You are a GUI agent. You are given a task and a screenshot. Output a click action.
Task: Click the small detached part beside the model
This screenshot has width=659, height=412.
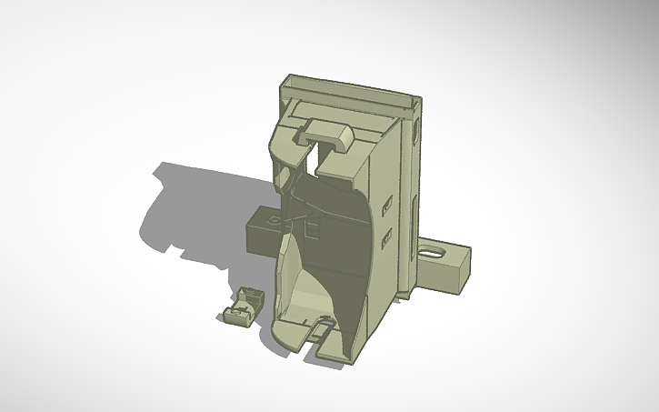click(241, 305)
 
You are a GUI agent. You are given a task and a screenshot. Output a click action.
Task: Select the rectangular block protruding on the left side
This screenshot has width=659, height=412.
click(262, 231)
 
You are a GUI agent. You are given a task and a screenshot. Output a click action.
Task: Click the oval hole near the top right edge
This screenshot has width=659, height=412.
click(417, 130)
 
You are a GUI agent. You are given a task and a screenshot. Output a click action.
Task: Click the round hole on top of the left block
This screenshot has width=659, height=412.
click(272, 219)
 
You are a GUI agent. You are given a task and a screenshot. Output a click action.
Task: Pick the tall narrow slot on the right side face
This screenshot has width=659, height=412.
click(416, 218)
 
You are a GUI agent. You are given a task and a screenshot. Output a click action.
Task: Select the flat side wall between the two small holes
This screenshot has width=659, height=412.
click(387, 220)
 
